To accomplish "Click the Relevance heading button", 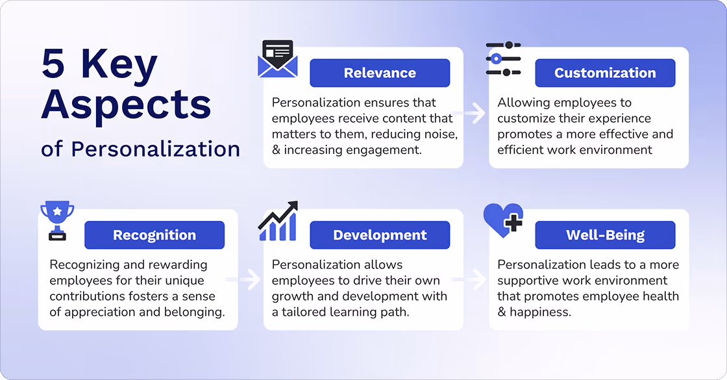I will [x=380, y=73].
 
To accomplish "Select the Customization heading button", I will [x=605, y=73].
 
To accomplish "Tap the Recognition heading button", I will [x=154, y=235].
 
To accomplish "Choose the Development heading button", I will [x=380, y=235].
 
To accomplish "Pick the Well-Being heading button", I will [x=605, y=235].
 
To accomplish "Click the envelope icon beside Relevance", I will [x=278, y=60].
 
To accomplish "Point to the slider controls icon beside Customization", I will [x=503, y=59].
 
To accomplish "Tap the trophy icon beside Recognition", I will [x=57, y=220].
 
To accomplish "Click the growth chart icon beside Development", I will [x=278, y=222].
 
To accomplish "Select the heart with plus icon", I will [x=504, y=220].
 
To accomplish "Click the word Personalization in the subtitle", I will [x=156, y=149].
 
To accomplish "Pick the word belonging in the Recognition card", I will [x=193, y=312].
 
